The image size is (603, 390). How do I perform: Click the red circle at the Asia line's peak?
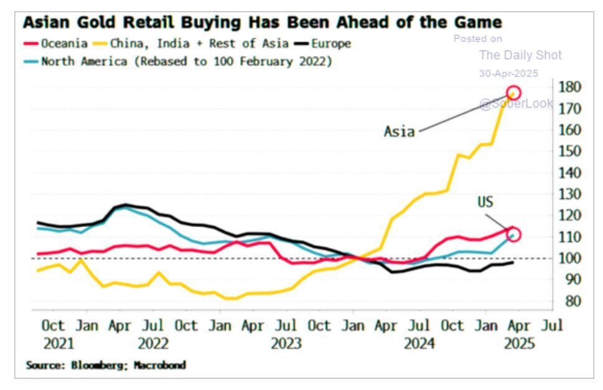click(513, 93)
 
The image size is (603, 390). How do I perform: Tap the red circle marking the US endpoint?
click(513, 234)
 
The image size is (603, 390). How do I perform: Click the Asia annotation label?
click(399, 132)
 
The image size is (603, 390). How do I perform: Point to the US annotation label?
click(485, 202)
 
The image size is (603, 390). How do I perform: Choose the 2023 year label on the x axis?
click(286, 343)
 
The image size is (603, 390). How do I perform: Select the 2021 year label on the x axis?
click(58, 343)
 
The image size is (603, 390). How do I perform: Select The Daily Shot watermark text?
click(520, 55)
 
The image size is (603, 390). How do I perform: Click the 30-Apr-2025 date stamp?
click(508, 73)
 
